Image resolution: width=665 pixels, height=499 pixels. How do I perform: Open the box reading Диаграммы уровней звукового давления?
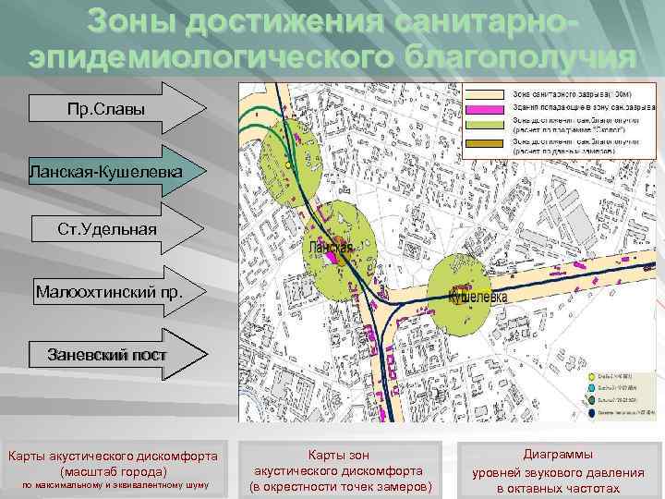(559, 470)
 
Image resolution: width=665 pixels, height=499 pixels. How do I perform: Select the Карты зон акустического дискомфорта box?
(340, 470)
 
